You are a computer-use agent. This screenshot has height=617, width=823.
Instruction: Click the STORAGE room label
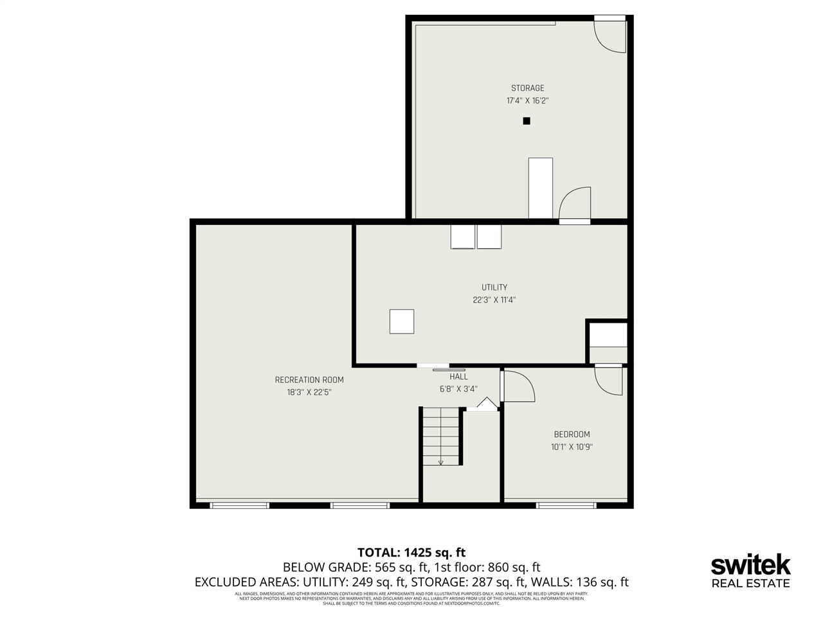527,88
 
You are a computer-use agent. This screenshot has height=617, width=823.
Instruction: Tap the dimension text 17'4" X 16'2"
527,101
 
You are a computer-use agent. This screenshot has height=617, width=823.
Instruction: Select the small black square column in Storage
526,121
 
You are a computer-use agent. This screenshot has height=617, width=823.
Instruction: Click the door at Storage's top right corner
610,35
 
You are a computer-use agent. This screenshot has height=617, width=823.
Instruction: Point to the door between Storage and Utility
574,206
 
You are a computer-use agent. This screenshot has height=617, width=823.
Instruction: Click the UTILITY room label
494,287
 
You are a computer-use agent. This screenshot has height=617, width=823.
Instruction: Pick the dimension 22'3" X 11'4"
494,300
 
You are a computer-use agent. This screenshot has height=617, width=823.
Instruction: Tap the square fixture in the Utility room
401,321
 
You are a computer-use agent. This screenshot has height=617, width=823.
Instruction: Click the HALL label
458,377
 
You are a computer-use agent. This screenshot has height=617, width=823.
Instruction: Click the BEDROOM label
572,434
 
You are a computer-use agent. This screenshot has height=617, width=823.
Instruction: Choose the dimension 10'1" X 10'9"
572,447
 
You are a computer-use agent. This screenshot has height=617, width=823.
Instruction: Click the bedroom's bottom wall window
566,505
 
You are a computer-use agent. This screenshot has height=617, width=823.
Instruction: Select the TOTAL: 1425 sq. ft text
411,552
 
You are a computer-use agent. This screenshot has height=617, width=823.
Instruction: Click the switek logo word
750,566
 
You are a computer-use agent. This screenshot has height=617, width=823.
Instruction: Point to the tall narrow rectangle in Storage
540,188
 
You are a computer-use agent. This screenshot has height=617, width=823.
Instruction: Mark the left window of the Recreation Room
239,505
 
